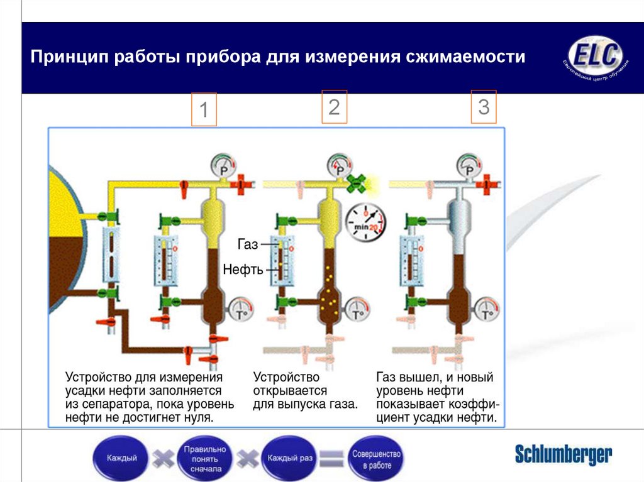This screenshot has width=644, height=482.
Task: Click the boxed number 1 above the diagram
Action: click(x=203, y=110)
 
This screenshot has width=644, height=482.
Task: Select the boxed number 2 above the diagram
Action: click(x=334, y=106)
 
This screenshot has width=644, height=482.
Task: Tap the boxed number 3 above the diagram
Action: click(x=484, y=106)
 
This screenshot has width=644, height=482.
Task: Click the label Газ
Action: click(x=248, y=244)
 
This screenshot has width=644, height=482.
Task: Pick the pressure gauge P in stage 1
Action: click(x=222, y=167)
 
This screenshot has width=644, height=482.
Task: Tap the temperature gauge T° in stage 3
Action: click(x=487, y=310)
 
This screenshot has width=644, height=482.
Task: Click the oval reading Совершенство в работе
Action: click(x=376, y=458)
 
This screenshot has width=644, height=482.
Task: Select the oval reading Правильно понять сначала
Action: click(x=203, y=459)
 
